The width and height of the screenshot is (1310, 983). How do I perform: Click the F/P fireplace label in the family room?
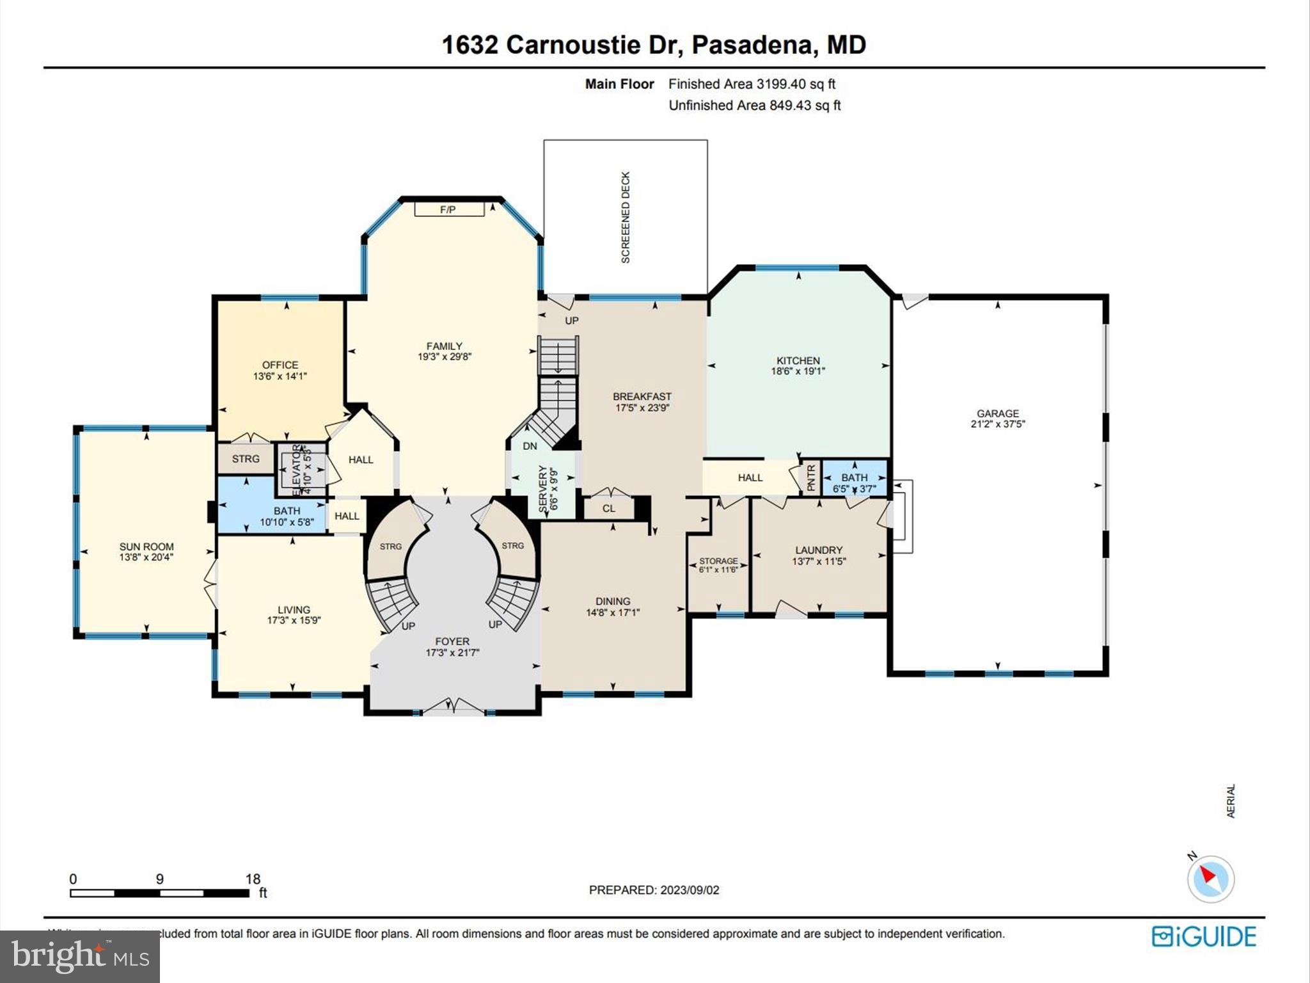tap(447, 210)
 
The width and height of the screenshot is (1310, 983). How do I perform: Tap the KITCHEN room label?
tap(798, 360)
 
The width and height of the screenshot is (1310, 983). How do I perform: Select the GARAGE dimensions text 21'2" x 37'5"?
tap(998, 424)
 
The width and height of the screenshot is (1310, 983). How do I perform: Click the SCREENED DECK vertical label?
tap(626, 217)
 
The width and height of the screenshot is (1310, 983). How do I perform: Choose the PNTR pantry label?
tap(811, 477)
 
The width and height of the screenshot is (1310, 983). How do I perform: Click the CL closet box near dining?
tap(608, 509)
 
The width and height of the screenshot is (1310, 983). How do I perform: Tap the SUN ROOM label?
tap(146, 547)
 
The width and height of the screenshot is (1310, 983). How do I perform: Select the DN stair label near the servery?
tap(530, 446)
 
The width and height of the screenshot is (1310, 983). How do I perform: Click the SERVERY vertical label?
tap(544, 488)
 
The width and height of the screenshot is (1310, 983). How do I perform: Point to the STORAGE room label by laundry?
tap(718, 561)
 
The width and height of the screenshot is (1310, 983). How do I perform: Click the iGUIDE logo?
tap(1204, 936)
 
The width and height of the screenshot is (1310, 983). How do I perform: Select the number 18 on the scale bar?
tap(253, 879)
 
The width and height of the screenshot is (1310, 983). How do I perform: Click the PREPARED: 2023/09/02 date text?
tap(654, 890)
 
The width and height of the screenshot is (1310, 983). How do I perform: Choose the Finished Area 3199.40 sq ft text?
tap(752, 84)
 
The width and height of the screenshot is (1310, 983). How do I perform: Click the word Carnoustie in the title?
tap(573, 45)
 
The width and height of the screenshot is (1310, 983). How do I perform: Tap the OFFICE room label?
tap(280, 365)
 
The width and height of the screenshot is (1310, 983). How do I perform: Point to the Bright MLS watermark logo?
tap(80, 956)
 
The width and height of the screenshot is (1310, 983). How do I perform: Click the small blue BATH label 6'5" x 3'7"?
tap(854, 477)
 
